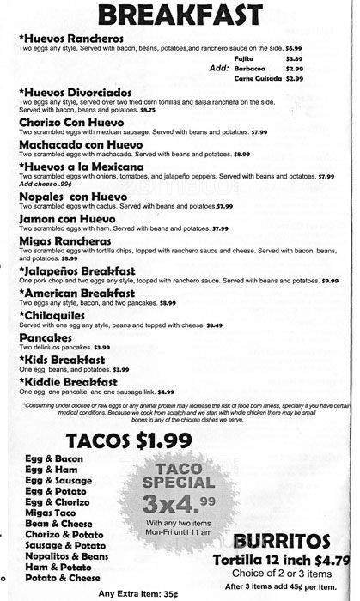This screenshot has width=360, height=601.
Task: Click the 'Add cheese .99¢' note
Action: point(46,184)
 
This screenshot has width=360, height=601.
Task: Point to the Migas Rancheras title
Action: point(66,243)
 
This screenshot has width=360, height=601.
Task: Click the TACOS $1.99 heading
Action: point(129,419)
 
